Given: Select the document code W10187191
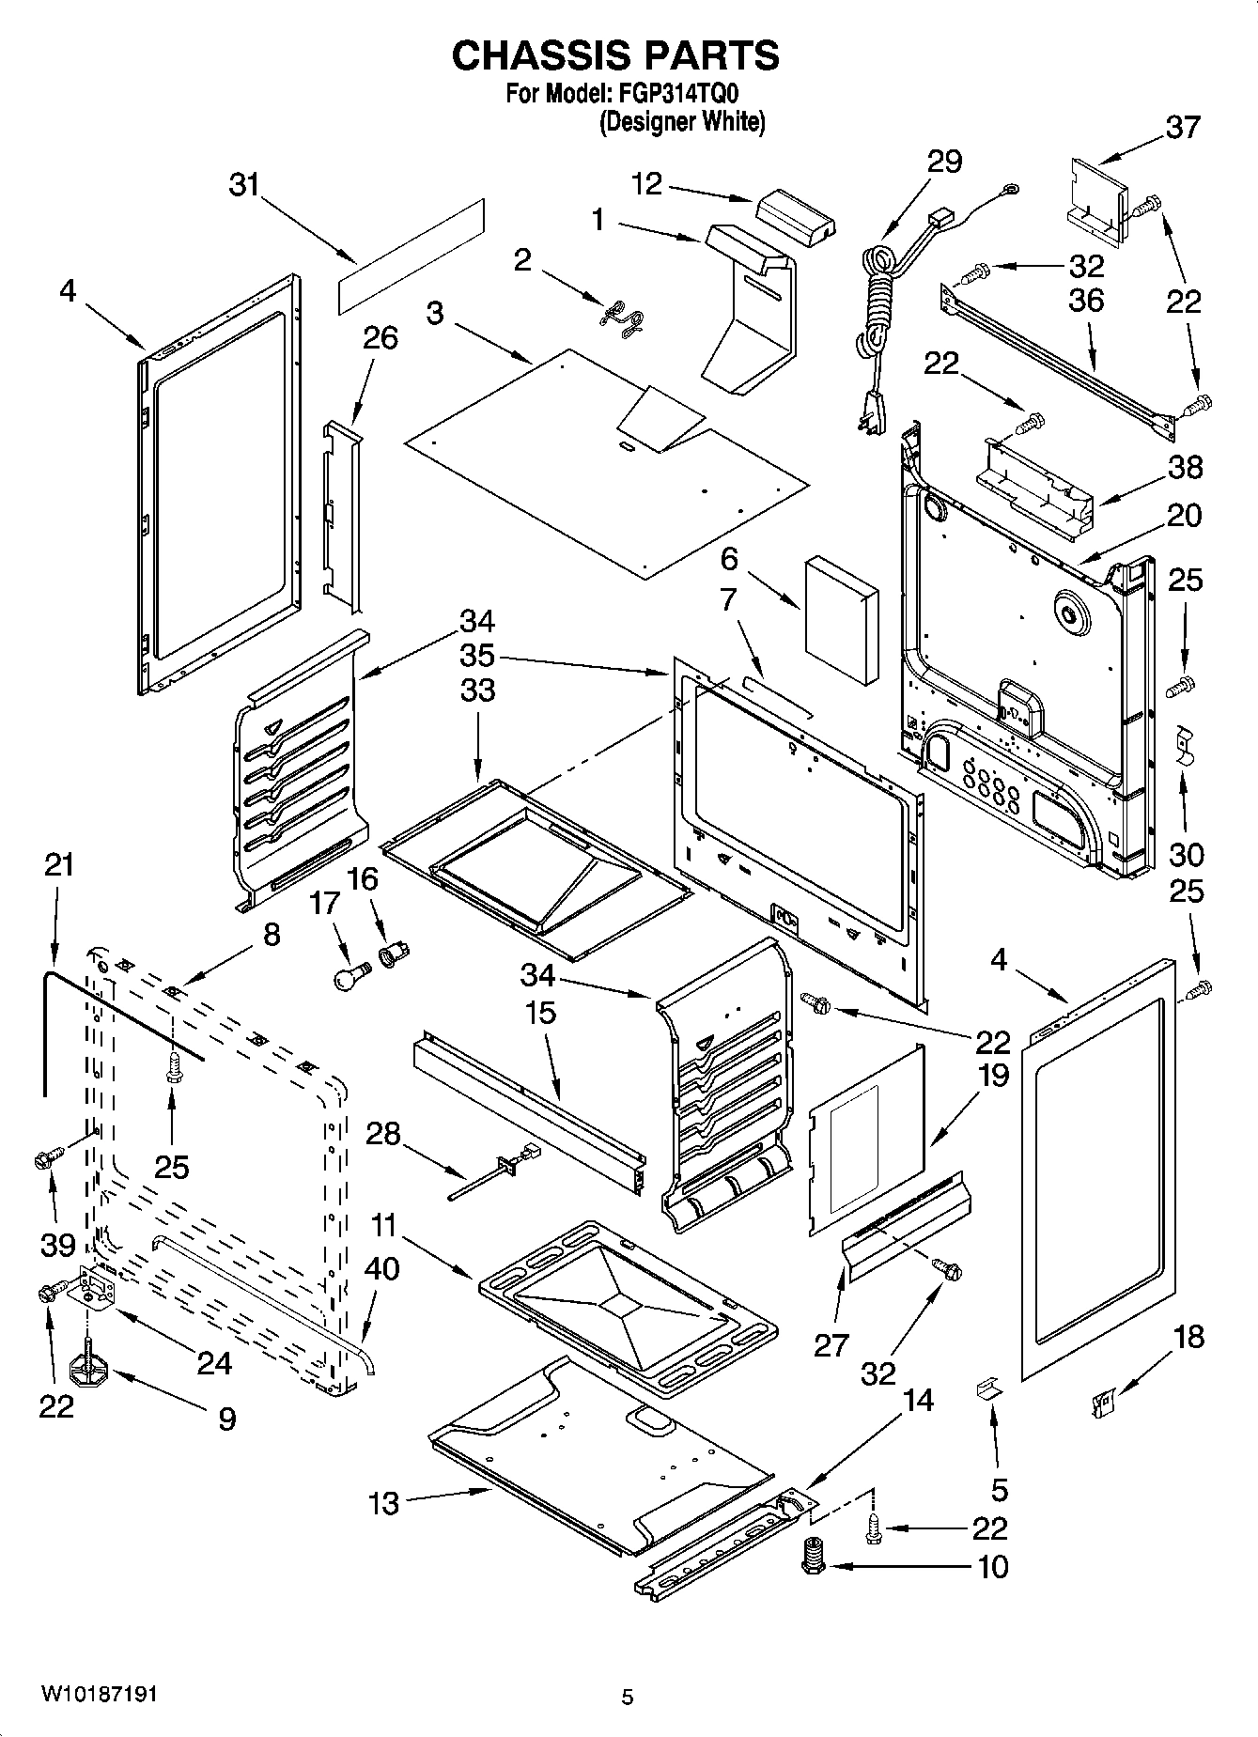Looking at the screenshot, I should (99, 1695).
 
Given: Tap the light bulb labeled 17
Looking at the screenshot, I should (349, 974).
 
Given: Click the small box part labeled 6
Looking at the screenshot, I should (841, 620).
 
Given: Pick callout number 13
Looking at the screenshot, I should (384, 1503).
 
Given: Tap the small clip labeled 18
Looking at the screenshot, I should (1103, 1403).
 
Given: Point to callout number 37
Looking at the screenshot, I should (1183, 127).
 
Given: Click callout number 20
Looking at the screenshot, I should (1184, 515).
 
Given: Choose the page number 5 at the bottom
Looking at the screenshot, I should (628, 1697).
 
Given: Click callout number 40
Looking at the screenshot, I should (381, 1268).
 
